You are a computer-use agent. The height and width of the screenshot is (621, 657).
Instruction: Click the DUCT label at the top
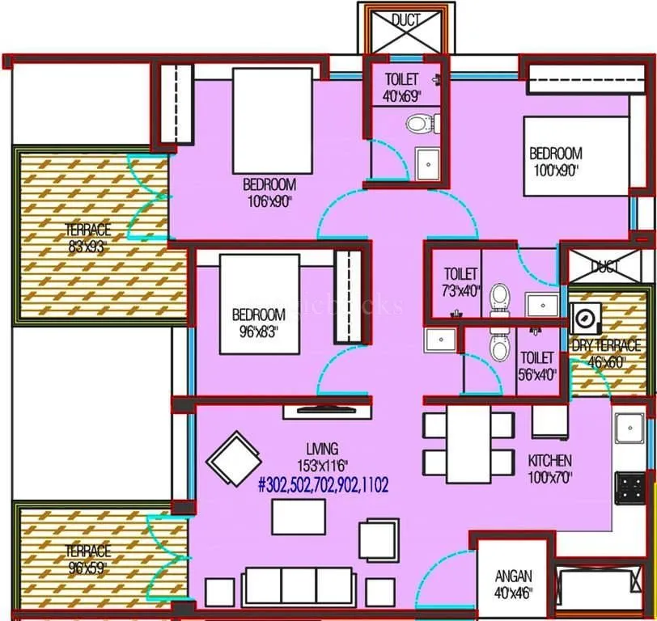point(405,20)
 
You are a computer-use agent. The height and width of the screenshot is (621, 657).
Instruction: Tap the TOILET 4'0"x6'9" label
point(402,87)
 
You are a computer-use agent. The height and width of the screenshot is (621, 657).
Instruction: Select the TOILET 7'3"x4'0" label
point(461,282)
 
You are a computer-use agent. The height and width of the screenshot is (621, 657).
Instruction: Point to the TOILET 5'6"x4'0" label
point(537,364)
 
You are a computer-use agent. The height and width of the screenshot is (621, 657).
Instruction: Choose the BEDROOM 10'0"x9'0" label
point(555,161)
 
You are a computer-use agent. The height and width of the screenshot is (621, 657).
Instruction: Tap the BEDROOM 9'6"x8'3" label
point(258,322)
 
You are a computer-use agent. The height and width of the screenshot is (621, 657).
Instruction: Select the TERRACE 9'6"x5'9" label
point(88,558)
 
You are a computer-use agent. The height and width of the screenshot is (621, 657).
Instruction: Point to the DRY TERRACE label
point(606,353)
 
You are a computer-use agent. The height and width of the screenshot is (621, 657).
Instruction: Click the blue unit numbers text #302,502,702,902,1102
point(323,485)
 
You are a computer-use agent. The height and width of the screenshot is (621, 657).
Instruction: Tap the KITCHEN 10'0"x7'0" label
point(550,467)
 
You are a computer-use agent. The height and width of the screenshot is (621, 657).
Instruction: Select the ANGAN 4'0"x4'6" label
point(513,583)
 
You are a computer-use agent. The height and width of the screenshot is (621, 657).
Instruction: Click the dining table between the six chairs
point(468,441)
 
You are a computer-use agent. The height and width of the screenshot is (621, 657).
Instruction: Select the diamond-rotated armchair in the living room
point(234,458)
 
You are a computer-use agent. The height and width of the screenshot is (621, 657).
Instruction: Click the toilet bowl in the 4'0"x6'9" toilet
point(421,124)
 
